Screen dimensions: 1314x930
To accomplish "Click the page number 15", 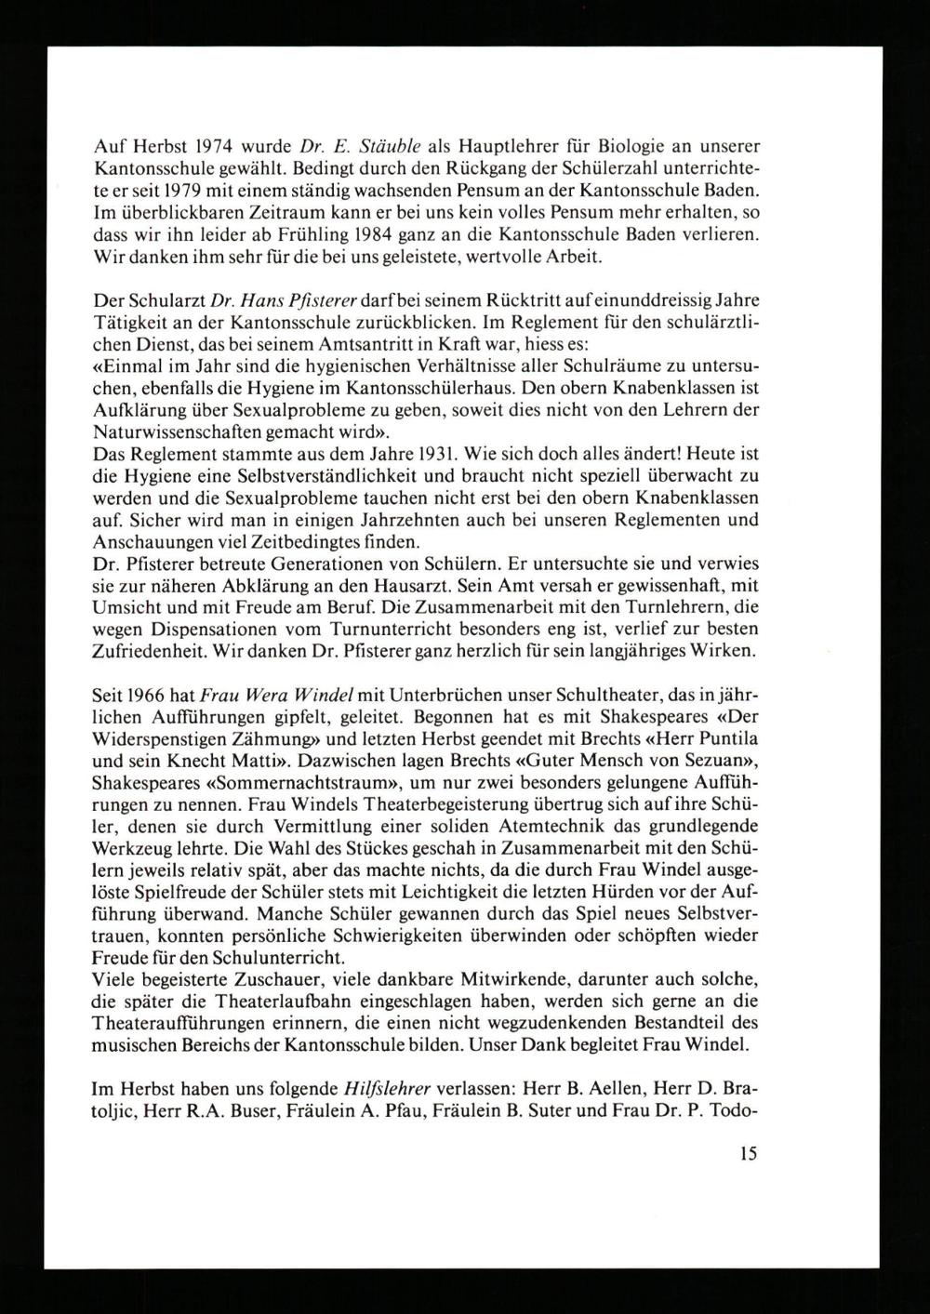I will coord(750,1153).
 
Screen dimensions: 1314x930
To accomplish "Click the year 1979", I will coord(191,192).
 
